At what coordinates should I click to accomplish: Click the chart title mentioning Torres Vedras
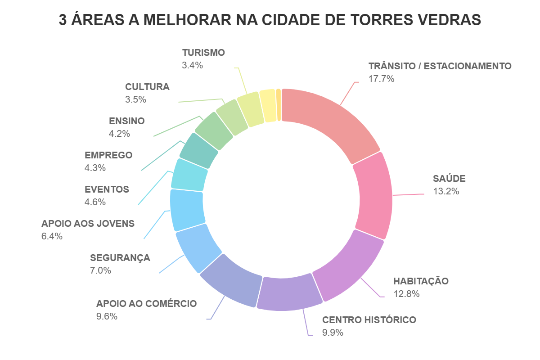[270, 20]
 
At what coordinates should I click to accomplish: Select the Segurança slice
[196, 247]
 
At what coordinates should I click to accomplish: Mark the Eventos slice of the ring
[190, 175]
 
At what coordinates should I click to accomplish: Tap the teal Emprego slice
[199, 148]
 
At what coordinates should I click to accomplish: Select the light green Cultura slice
[232, 117]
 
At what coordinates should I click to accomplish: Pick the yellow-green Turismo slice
[250, 109]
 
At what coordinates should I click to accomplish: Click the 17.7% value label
[381, 79]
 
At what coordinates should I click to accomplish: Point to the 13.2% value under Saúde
[445, 191]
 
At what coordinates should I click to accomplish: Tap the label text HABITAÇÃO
[421, 281]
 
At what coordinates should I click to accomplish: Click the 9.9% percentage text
[333, 333]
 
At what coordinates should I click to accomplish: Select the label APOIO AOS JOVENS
[88, 224]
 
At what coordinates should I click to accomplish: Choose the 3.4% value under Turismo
[192, 65]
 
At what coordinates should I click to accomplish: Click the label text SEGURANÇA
[120, 258]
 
